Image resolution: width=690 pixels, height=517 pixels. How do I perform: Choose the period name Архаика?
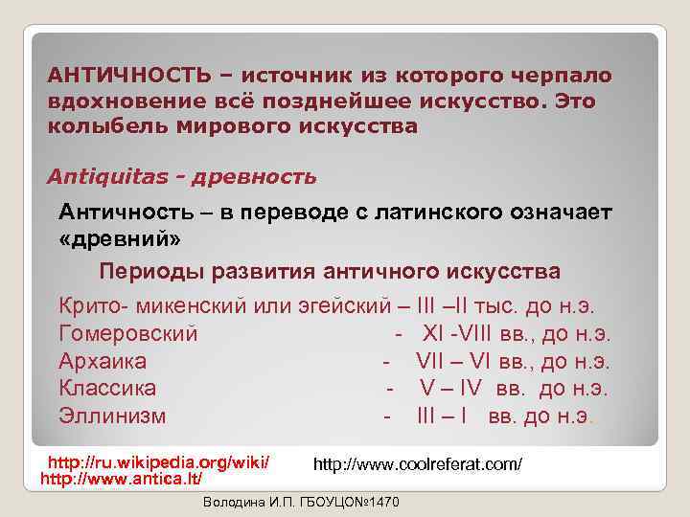click(x=103, y=362)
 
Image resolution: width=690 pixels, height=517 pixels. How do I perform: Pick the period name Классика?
click(x=107, y=389)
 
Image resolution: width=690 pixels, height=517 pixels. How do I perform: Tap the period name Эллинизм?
click(x=112, y=416)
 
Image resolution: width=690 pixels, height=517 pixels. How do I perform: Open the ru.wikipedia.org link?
click(x=158, y=462)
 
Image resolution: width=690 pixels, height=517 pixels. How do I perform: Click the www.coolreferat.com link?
click(x=418, y=464)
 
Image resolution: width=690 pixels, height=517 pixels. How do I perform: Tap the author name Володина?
click(x=236, y=504)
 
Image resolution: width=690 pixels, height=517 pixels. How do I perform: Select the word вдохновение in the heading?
click(x=120, y=101)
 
